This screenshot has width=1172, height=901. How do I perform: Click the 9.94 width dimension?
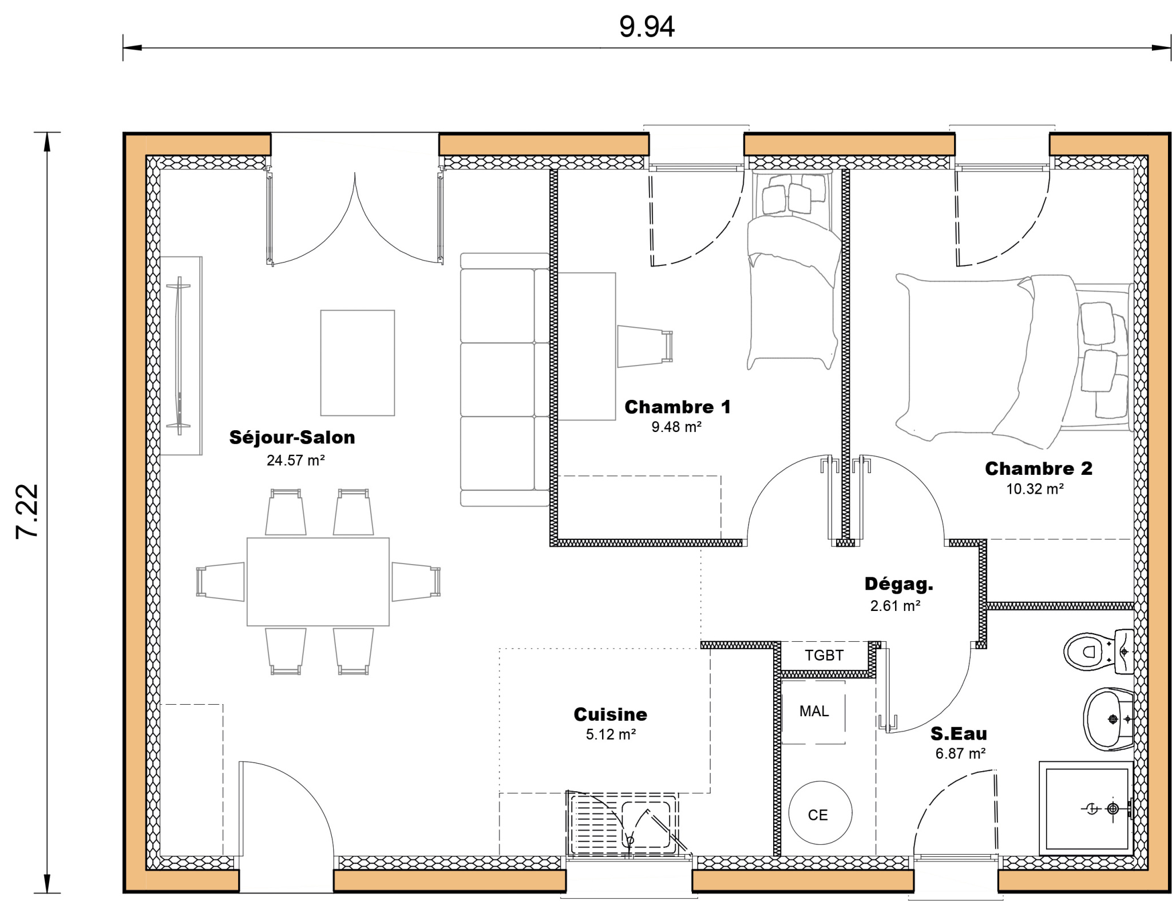(647, 27)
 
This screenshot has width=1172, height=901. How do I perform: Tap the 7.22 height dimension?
(27, 511)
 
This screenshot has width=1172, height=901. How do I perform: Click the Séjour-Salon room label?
(292, 438)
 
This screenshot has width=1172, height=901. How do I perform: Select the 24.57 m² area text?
(295, 461)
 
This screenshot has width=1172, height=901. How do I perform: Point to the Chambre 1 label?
(677, 407)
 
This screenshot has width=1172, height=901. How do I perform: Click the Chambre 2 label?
(1038, 469)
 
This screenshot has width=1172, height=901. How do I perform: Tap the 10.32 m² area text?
(1035, 489)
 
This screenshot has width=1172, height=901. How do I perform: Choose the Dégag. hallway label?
(898, 584)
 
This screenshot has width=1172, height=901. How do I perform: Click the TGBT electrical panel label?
(824, 656)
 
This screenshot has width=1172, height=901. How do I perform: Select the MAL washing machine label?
(814, 711)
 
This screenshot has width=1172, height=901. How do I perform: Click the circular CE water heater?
(819, 813)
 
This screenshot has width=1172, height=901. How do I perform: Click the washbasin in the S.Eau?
(1108, 719)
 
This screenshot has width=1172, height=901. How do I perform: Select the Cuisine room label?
(610, 715)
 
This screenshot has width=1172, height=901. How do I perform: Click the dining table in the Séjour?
(318, 581)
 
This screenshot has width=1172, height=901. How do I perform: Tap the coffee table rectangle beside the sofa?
(357, 363)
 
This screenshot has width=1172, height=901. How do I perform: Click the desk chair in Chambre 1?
(644, 346)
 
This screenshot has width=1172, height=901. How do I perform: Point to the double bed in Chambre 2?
(1013, 360)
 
